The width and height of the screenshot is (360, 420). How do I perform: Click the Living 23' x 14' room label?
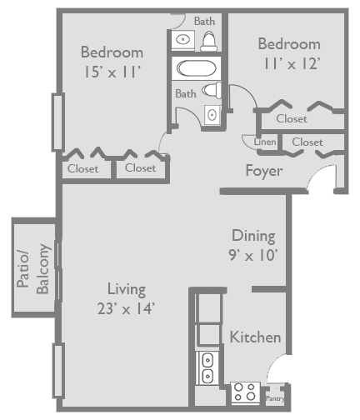coord(126,298)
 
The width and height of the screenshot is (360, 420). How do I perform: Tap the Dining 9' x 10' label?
coord(253,245)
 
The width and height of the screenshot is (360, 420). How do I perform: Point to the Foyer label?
coord(263,171)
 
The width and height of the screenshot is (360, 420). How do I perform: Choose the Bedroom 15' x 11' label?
coord(112,62)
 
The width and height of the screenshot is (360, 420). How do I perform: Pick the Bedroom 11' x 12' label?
coord(288,53)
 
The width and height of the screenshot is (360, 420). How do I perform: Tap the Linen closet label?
coord(266,142)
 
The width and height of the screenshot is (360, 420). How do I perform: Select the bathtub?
coord(197,68)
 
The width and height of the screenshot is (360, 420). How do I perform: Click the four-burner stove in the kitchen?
coord(245,392)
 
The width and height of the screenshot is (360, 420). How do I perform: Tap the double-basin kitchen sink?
coord(207,367)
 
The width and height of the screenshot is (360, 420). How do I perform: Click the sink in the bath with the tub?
coord(212,114)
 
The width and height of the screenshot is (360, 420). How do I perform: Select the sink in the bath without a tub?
coord(182,38)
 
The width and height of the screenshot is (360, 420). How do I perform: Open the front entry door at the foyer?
coord(319,177)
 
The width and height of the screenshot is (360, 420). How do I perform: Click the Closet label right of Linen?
coord(307,142)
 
